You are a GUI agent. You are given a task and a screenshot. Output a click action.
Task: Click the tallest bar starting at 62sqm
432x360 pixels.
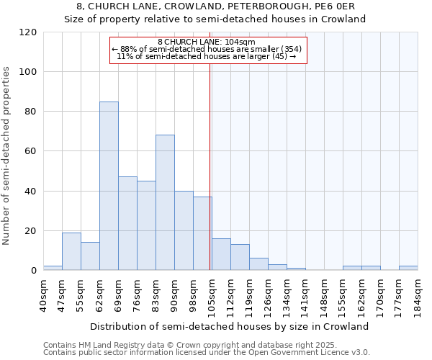(x=109, y=186)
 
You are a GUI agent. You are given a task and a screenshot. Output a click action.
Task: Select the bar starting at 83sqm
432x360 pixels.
(x=165, y=202)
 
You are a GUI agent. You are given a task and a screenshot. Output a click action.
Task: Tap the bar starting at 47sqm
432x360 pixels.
(x=71, y=251)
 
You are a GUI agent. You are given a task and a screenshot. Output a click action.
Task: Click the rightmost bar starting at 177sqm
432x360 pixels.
(x=408, y=268)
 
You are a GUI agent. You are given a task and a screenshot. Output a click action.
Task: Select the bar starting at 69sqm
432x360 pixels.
(x=127, y=223)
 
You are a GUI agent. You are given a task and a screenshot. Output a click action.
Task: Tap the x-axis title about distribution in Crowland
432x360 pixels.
(x=230, y=326)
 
